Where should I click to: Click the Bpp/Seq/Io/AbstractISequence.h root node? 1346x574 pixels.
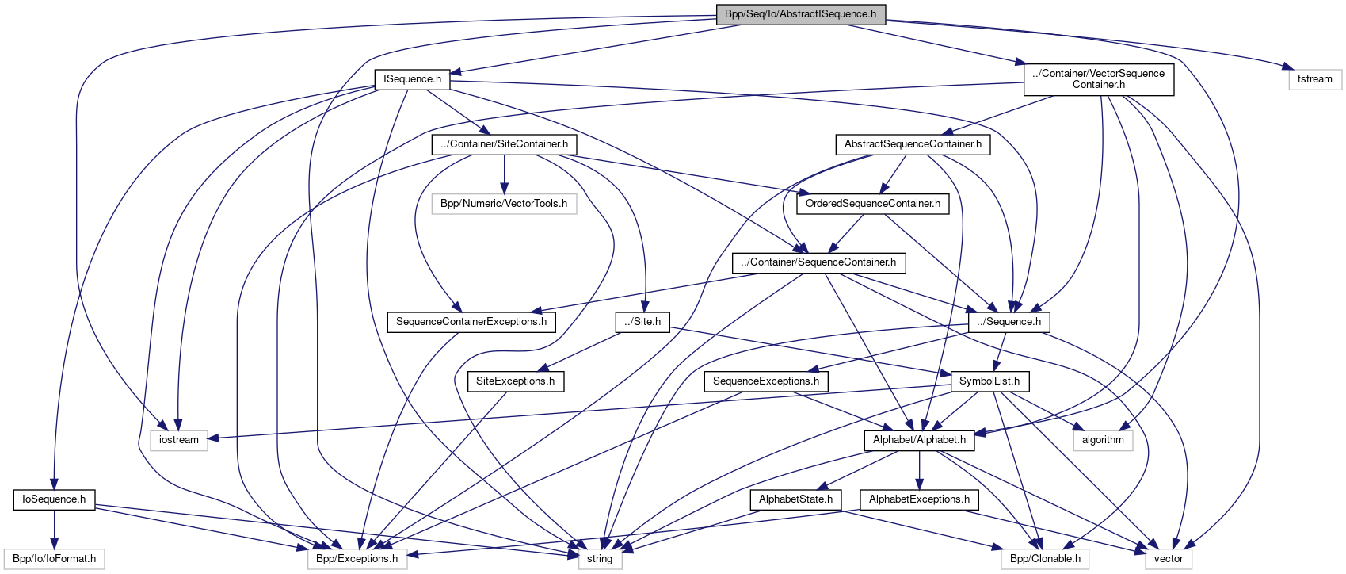tap(800, 14)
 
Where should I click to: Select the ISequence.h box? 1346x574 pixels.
tap(412, 79)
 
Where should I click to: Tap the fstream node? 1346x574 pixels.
tap(1314, 79)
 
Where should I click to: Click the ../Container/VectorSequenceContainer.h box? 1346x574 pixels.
tap(1098, 79)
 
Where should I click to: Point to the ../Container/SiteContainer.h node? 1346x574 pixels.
tap(504, 144)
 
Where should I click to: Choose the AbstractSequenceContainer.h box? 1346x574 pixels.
tap(912, 144)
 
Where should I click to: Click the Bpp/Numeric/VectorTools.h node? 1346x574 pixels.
tap(504, 204)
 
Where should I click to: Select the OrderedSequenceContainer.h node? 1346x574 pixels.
tap(872, 204)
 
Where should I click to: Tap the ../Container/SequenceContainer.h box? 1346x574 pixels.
tap(818, 262)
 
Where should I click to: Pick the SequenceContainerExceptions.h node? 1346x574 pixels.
tap(471, 322)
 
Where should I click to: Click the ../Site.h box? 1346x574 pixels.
tap(642, 322)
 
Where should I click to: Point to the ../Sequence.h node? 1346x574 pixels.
tap(1009, 322)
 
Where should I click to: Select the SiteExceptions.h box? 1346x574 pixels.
tap(515, 381)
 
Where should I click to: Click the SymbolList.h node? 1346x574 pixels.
tap(989, 381)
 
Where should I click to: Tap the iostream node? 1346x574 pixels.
tap(179, 440)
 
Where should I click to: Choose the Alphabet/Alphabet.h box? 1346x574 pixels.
tap(919, 440)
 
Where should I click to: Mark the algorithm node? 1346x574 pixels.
tap(1102, 440)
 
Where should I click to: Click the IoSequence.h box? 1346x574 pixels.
tap(54, 499)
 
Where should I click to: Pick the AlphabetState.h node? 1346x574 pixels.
tap(795, 499)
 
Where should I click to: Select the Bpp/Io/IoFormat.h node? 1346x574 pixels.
tap(54, 559)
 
